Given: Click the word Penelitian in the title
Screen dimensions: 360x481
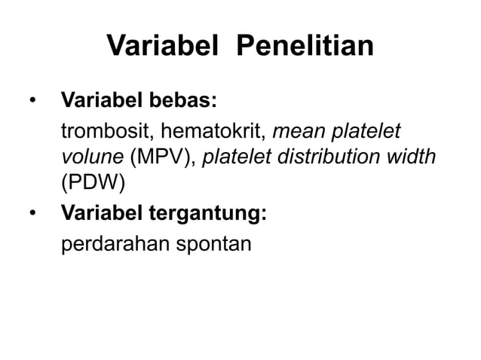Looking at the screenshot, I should (305, 47).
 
